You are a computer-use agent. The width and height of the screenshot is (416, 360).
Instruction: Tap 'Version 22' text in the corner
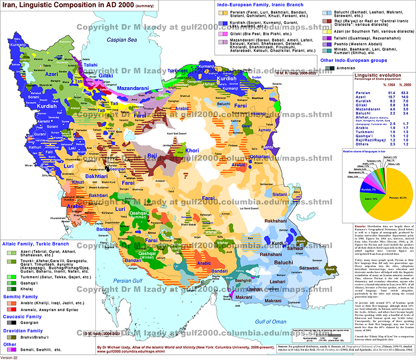(11, 357)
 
